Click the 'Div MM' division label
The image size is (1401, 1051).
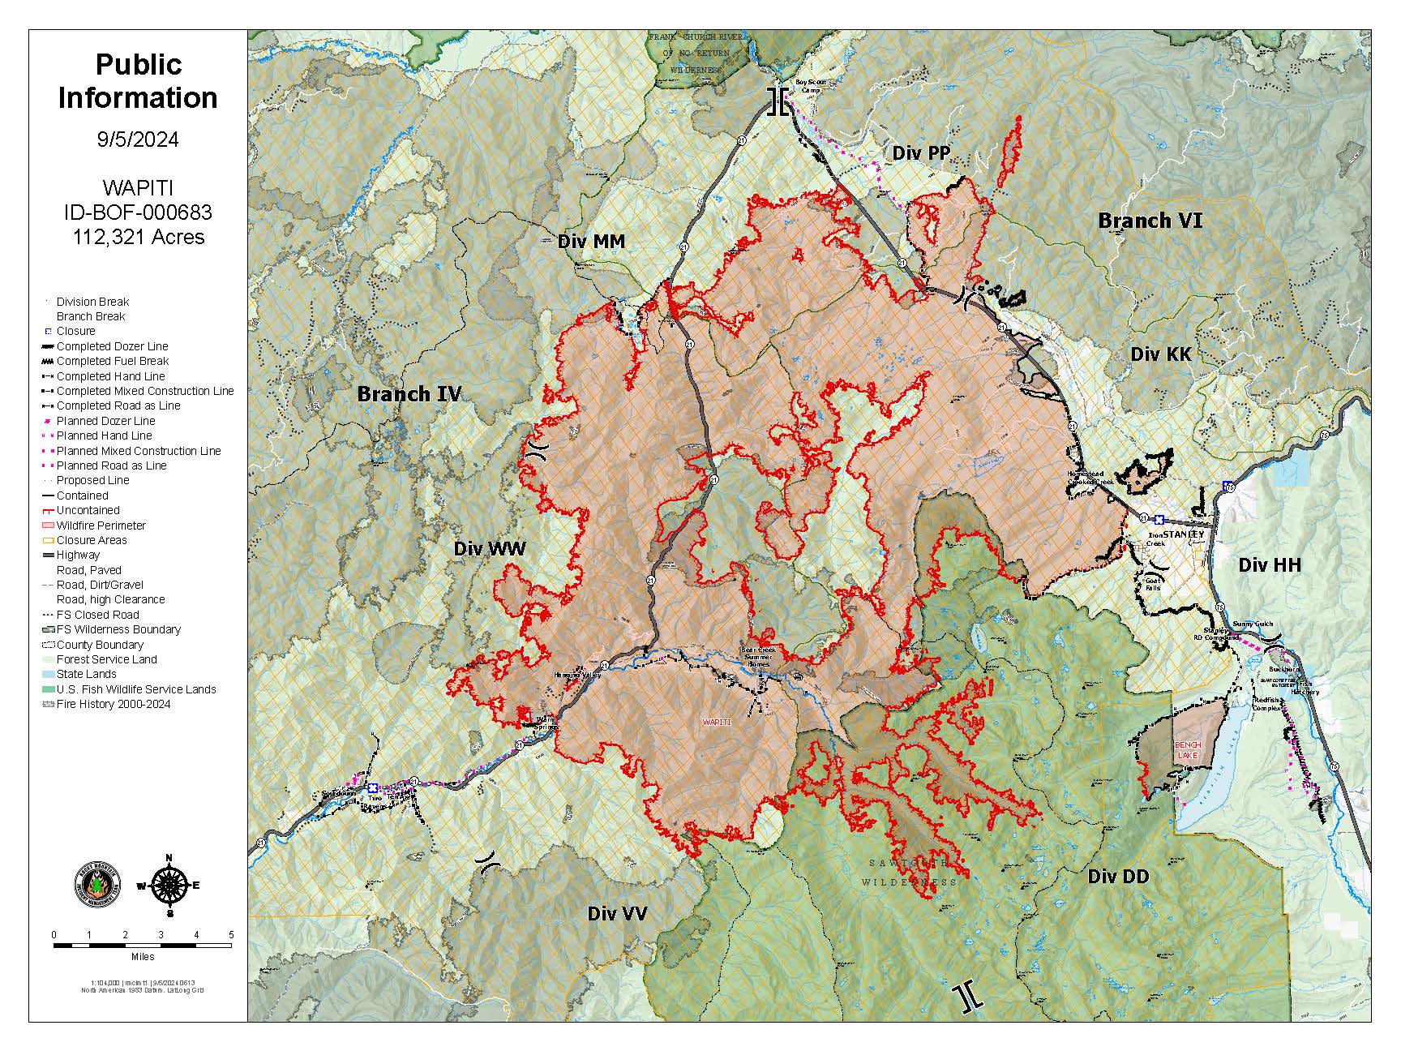click(591, 242)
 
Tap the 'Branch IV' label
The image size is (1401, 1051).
click(409, 394)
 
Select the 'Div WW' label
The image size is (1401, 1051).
click(490, 549)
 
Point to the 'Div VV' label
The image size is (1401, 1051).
click(617, 914)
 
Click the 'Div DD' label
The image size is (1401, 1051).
click(1118, 877)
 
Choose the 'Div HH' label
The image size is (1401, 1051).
click(1269, 565)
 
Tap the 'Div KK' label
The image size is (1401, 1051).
click(1161, 354)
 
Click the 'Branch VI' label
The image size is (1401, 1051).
click(1150, 221)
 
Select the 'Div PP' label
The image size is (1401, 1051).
click(921, 153)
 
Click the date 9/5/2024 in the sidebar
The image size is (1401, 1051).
click(138, 139)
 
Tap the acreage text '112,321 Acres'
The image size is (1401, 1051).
click(138, 237)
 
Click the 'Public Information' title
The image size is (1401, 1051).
click(138, 81)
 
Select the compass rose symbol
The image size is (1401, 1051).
click(169, 886)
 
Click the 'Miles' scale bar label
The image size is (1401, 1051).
click(142, 957)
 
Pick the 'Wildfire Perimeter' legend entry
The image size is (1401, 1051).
click(101, 525)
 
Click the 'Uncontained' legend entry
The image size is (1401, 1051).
click(88, 510)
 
